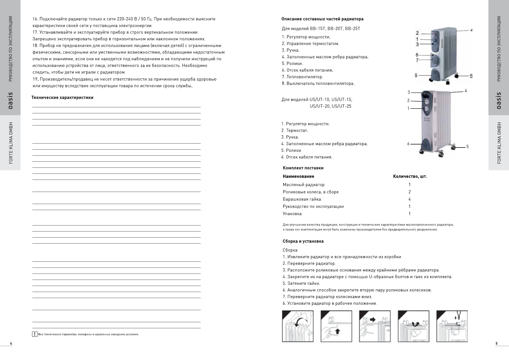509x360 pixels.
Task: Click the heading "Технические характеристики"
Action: point(63,98)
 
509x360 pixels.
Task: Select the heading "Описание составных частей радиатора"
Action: point(322,19)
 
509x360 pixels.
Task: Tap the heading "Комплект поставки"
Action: point(303,168)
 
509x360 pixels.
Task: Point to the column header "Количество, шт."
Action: point(410,176)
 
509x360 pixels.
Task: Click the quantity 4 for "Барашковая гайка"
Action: point(410,199)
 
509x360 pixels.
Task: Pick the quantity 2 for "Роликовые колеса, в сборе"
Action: point(410,192)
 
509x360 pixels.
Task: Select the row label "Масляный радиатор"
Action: point(303,185)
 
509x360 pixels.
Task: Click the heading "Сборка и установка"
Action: point(303,241)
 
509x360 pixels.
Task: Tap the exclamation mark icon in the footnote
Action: point(35,334)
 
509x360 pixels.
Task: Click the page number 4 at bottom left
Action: point(11,343)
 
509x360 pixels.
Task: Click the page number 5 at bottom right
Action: point(496,343)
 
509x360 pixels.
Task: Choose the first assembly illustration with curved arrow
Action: point(298,326)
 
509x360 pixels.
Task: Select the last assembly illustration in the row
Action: point(452,326)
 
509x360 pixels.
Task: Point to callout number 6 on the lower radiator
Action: point(408,144)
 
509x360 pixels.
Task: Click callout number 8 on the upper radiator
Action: point(417,55)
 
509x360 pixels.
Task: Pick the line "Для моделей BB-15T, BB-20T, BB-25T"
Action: point(321,29)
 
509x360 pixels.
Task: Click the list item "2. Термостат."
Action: point(294,131)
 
